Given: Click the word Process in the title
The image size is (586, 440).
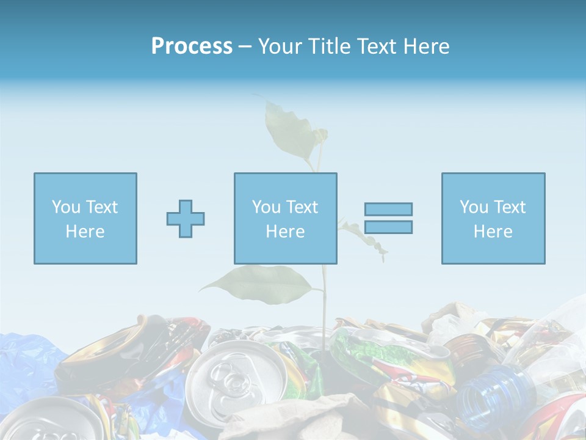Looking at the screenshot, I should [192, 46].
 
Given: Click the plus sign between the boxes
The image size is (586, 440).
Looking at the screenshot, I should [186, 219].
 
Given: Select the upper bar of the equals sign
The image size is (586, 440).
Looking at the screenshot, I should [388, 210].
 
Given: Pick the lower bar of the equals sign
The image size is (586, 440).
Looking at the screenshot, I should [388, 227].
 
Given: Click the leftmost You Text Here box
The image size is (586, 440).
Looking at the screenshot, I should [85, 219].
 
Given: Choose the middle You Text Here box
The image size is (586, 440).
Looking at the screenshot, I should [285, 219].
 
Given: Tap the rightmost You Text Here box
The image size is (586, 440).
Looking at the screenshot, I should [493, 219].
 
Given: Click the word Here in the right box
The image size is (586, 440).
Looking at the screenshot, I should [493, 232].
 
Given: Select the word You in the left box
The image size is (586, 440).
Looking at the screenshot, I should [65, 207].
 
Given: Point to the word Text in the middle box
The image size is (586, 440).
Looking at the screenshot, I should [302, 207].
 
